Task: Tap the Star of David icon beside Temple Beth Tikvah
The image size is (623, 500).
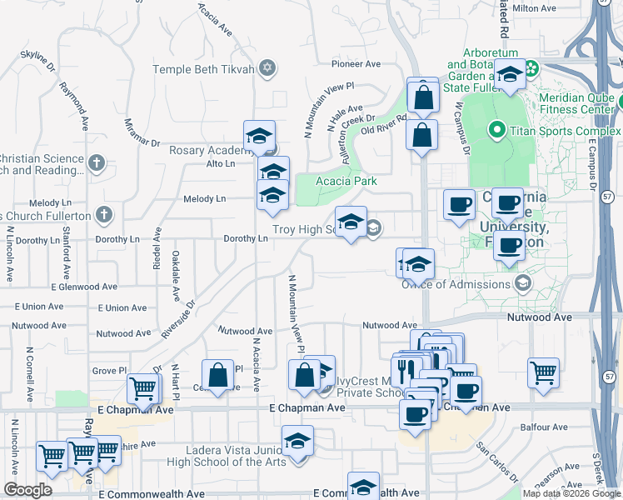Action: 267,68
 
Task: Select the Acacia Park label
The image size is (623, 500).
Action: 346,181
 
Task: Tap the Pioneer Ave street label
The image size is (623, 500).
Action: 356,63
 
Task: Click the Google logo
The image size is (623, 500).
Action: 27,490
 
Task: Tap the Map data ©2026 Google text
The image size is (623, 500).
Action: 571,492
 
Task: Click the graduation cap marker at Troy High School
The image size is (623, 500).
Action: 351,222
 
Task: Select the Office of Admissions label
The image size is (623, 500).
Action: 456,284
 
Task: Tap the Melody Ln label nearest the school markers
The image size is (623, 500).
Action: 209,198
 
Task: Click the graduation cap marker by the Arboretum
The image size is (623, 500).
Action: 510,74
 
